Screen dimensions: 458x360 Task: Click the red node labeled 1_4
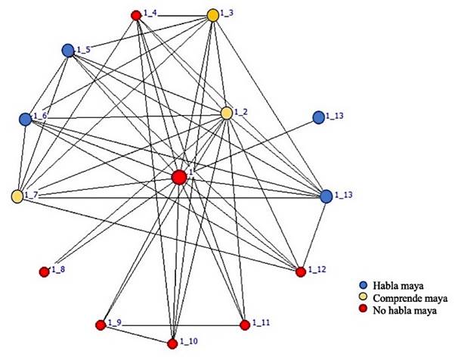pyautogui.click(x=136, y=14)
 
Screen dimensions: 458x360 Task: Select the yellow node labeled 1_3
pyautogui.click(x=213, y=14)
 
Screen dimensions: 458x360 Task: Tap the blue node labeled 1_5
pyautogui.click(x=68, y=50)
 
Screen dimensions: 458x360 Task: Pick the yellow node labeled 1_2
pyautogui.click(x=227, y=113)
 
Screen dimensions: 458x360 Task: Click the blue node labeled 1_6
pyautogui.click(x=26, y=119)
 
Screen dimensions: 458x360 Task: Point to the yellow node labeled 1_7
pyautogui.click(x=17, y=197)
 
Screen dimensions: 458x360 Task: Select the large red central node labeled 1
pyautogui.click(x=179, y=177)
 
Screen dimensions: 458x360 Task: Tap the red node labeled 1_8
pyautogui.click(x=44, y=270)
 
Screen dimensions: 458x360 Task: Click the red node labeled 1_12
pyautogui.click(x=301, y=272)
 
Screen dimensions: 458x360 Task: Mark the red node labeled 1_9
pyautogui.click(x=101, y=325)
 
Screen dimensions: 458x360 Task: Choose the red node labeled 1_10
pyautogui.click(x=173, y=344)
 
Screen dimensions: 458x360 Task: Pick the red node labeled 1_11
pyautogui.click(x=244, y=325)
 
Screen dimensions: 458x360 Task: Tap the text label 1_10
pyautogui.click(x=189, y=343)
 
